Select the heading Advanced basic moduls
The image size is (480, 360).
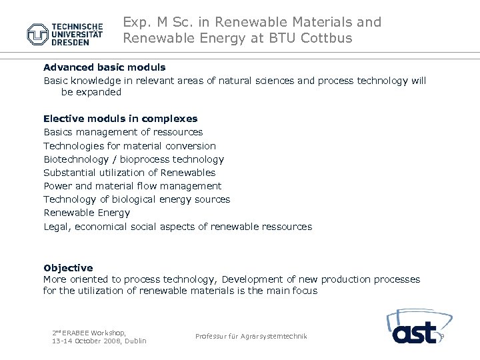104,67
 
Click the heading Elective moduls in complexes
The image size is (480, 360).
120,119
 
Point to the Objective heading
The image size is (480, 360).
68,268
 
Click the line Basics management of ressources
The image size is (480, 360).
123,132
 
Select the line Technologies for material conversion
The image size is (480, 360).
129,146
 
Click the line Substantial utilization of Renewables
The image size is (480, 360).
129,173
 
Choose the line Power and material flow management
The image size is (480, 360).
132,186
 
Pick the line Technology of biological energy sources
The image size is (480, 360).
137,199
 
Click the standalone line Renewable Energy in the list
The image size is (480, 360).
87,213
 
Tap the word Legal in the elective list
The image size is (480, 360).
57,227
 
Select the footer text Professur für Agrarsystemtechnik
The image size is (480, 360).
251,337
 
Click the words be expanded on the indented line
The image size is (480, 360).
91,92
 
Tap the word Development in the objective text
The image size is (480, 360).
252,279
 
